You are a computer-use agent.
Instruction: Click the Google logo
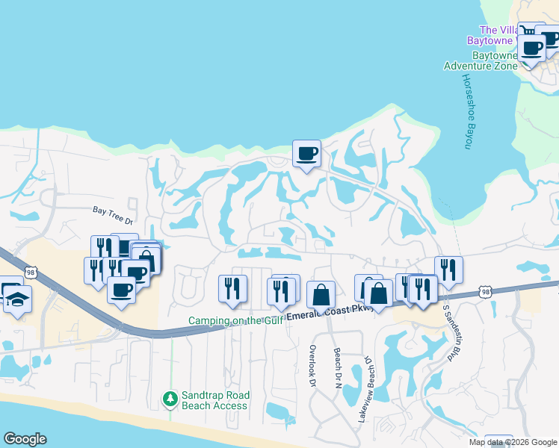pyautogui.click(x=25, y=439)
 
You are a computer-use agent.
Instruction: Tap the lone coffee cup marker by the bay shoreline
pyautogui.click(x=306, y=153)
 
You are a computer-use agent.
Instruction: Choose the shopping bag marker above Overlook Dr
pyautogui.click(x=321, y=294)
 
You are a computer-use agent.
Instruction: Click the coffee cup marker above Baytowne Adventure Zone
pyautogui.click(x=532, y=48)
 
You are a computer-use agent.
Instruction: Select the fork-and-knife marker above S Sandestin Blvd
pyautogui.click(x=448, y=269)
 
